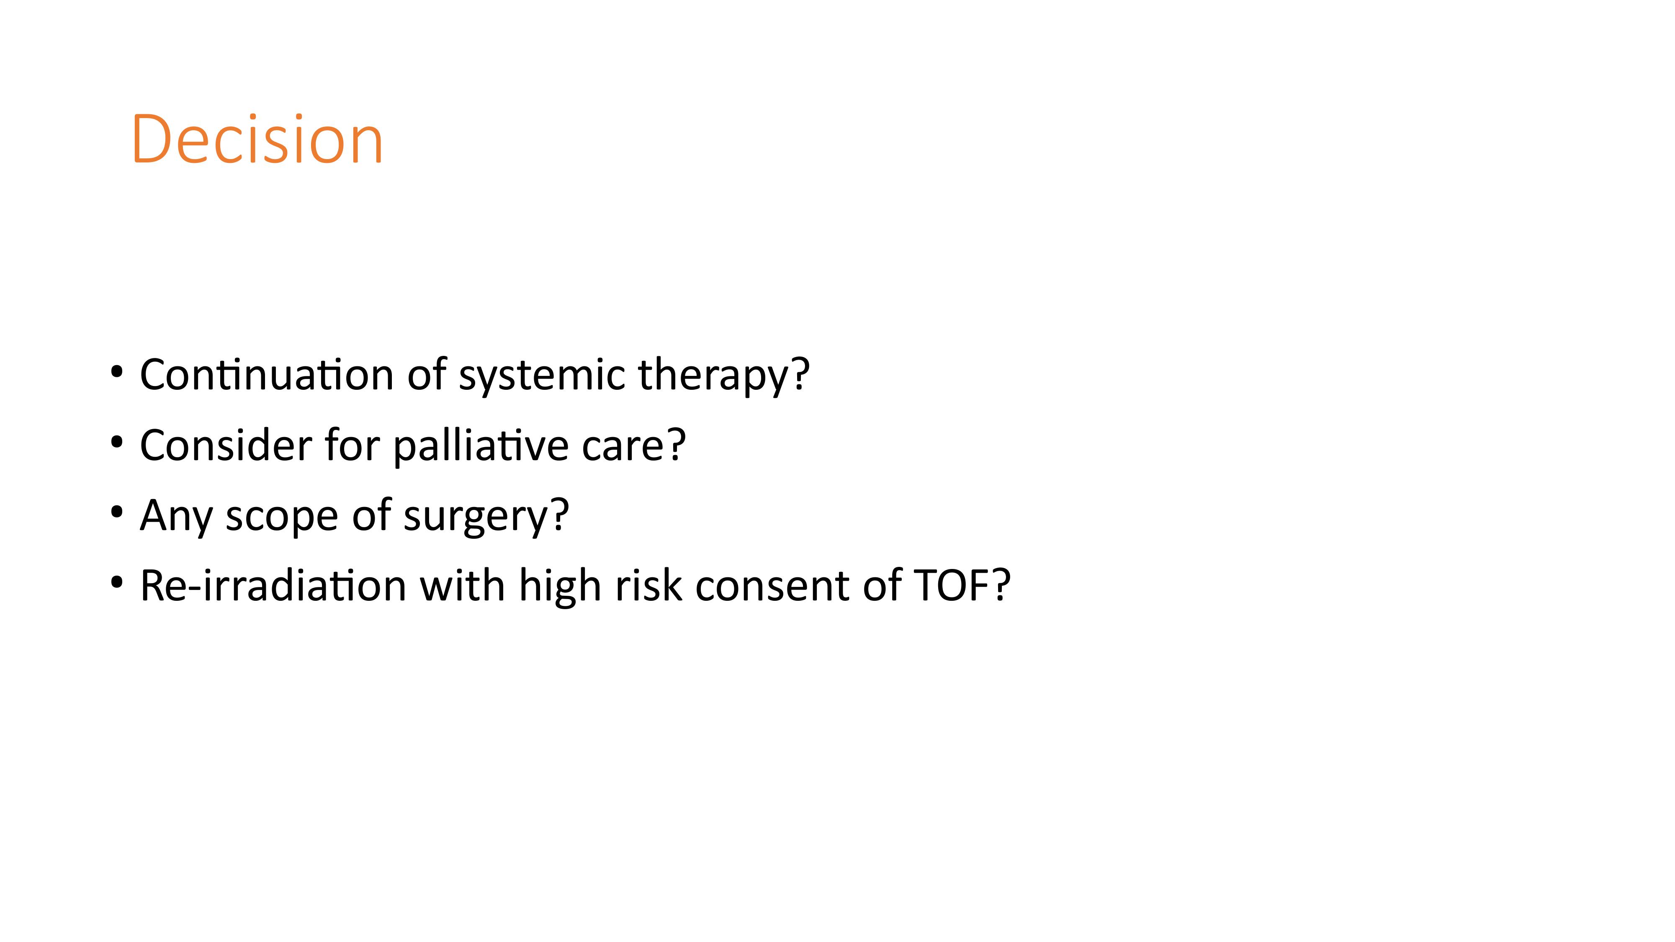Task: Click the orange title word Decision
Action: pos(257,139)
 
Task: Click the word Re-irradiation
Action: pos(273,586)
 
